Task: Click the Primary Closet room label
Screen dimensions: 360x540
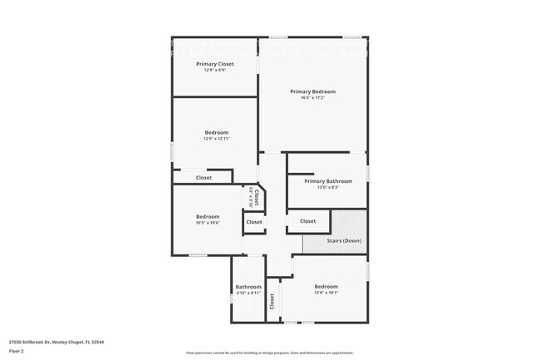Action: tap(214, 64)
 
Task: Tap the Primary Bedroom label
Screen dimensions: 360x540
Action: tap(312, 91)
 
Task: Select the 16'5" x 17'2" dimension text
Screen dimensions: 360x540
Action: tap(312, 98)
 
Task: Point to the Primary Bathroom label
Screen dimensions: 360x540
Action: tap(327, 181)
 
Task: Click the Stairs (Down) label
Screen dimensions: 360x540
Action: tap(343, 241)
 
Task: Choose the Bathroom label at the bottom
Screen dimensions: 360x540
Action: tap(248, 287)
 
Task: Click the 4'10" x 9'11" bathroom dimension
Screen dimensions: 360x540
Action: tap(248, 293)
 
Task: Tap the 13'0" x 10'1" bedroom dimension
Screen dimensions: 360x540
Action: tap(326, 293)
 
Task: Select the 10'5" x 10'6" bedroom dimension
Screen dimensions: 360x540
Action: tap(208, 223)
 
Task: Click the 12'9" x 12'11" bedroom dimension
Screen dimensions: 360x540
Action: tap(217, 139)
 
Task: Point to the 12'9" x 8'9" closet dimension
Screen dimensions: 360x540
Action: tap(214, 70)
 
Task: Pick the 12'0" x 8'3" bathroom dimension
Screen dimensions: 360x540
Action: tap(327, 187)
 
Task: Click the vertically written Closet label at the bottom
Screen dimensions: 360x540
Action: tap(272, 301)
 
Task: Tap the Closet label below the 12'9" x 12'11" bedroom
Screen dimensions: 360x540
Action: tap(204, 177)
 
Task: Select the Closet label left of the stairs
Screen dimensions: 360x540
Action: tap(307, 221)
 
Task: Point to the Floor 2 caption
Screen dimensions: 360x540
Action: tap(17, 352)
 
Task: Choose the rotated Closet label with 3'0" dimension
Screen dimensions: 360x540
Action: tap(256, 197)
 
